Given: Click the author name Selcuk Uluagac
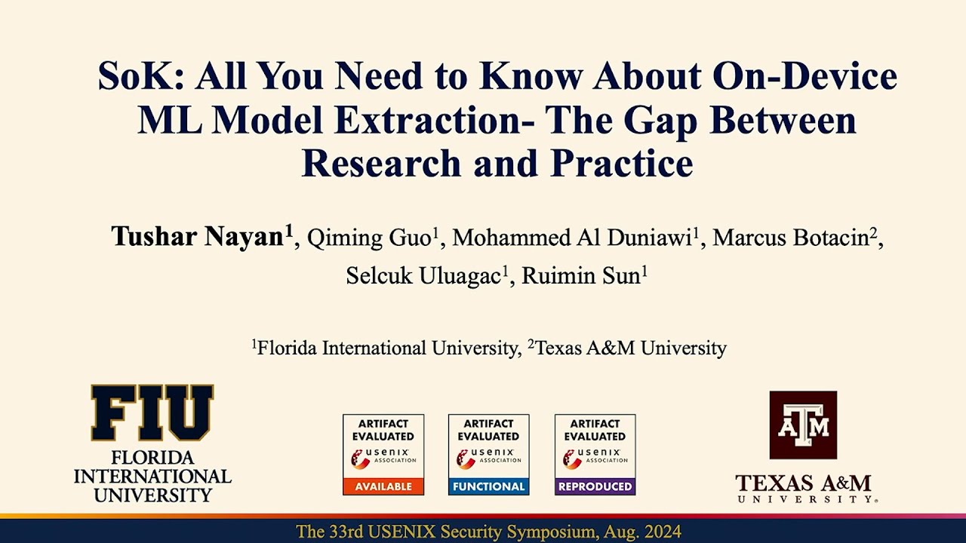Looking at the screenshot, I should pos(423,276).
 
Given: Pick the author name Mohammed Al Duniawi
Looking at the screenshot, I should pos(572,238).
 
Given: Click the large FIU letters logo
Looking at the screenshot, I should pos(152,413).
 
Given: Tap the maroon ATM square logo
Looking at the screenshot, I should pos(803,425).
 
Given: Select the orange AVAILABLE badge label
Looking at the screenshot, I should pos(383,486).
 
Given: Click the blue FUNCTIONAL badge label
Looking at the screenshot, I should pos(489,486).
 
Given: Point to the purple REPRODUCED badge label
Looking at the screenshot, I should pos(595,486).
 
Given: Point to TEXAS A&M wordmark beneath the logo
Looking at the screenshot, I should pos(803,483).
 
